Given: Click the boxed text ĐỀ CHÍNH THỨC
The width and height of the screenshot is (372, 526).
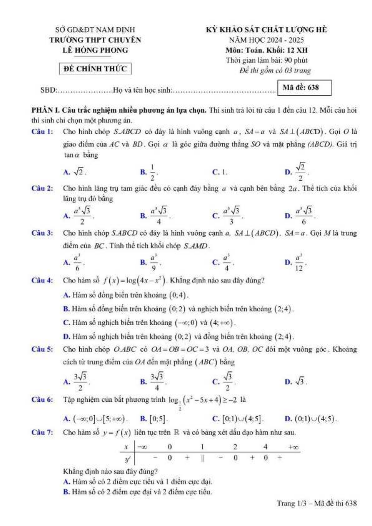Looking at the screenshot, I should [95, 69].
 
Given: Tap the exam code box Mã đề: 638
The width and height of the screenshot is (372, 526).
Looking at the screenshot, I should [304, 88].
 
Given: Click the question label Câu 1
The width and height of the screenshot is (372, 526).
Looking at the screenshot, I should [42, 131].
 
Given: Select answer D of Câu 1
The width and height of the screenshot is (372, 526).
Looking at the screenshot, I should [297, 172].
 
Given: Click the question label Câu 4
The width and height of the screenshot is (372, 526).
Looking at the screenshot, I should [42, 280].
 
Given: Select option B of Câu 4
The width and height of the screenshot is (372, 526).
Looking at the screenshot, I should [178, 309].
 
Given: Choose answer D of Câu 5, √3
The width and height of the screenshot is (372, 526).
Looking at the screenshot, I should [297, 381].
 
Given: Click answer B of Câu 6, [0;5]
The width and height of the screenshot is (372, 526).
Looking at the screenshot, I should [155, 419].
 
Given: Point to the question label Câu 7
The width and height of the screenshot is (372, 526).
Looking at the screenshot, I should [42, 433].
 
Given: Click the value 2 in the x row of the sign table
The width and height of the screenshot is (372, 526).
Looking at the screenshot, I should [235, 447].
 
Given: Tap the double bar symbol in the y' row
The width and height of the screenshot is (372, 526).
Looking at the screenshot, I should [203, 458].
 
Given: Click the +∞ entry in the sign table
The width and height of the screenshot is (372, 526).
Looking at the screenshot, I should [293, 447].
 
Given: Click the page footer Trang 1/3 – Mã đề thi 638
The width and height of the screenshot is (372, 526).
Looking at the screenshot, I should [316, 503].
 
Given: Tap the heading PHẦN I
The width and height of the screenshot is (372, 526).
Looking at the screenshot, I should [45, 110].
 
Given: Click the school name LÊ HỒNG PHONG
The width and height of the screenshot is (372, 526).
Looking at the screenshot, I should [95, 50].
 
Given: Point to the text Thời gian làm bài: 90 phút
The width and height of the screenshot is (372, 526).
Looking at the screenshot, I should [267, 60].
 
